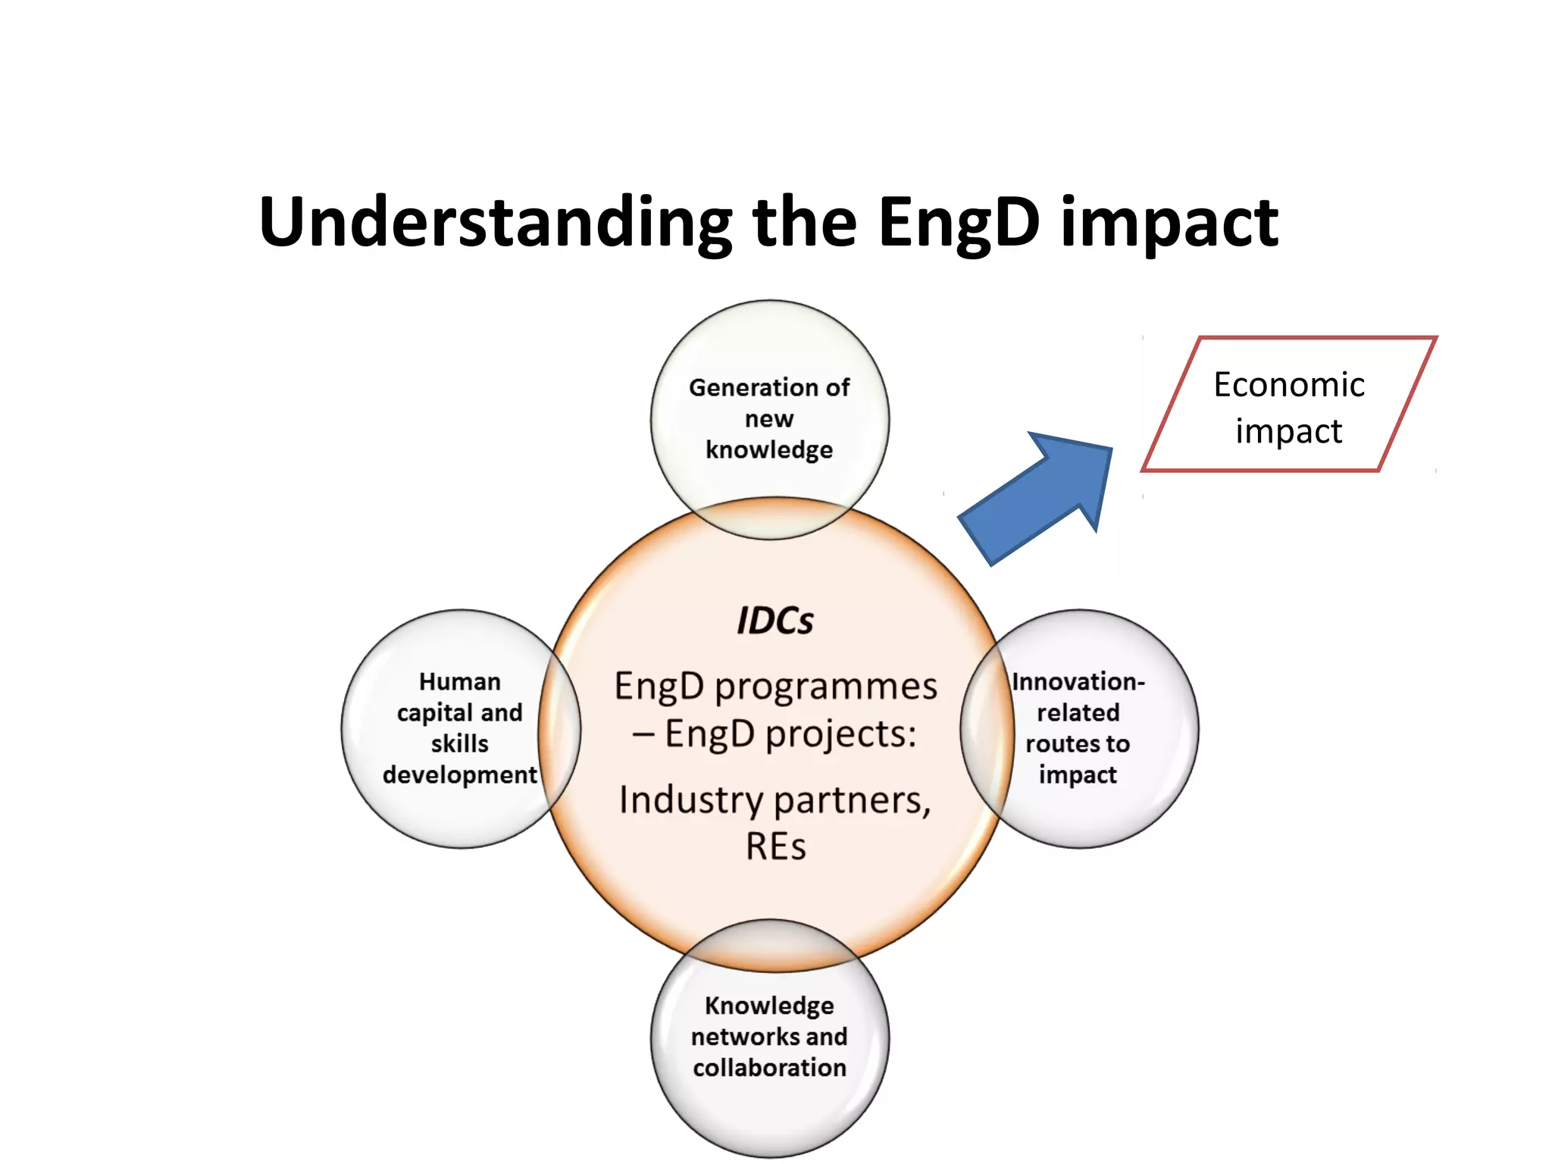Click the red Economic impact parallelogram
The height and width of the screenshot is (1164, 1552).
point(1288,405)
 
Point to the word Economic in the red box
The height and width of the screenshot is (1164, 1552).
point(1288,384)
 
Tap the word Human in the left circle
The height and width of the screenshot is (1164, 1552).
point(459,681)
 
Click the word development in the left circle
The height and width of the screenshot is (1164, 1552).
point(459,774)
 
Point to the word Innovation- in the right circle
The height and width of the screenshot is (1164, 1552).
point(1078,681)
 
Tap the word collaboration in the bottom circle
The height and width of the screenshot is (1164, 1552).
point(769,1068)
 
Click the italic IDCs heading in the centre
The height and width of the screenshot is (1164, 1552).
point(774,621)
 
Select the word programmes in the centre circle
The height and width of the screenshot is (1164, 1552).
point(826,687)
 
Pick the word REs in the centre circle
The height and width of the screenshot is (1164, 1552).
point(775,846)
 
